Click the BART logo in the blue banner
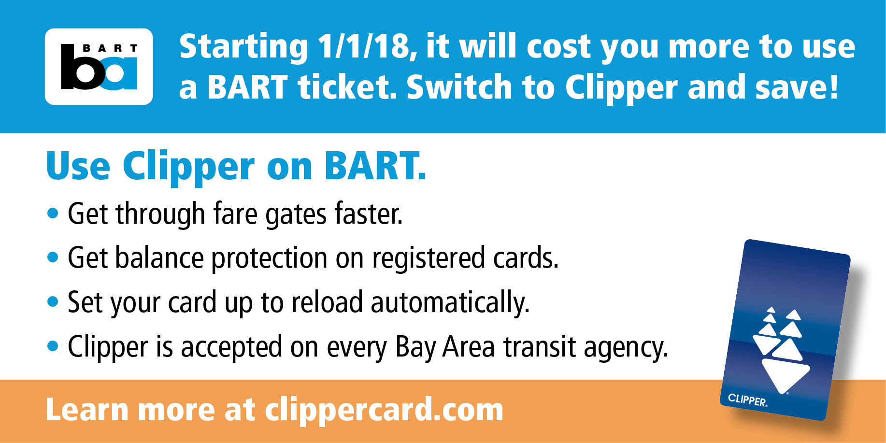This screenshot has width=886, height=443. pos(99,67)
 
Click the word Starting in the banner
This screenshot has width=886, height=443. pos(243,47)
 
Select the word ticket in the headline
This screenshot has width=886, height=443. pos(347,87)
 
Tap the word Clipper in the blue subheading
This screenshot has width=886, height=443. pos(188,167)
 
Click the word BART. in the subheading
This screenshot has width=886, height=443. pos(375,167)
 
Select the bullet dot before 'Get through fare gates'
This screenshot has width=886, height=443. pos(53,213)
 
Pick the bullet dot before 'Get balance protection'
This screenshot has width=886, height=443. pos(53,257)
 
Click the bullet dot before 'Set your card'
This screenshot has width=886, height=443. pos(53,302)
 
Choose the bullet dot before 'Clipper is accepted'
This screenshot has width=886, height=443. pos(53,346)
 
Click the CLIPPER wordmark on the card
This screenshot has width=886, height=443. pos(747,400)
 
